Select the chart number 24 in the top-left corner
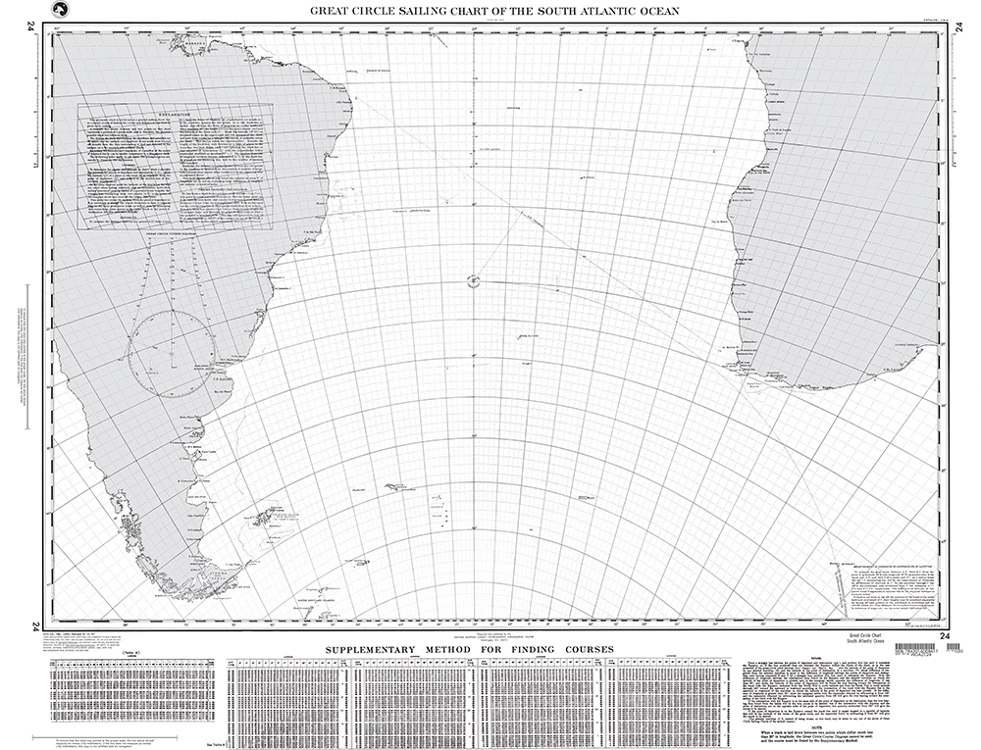pyautogui.click(x=36, y=28)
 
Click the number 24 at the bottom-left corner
pyautogui.click(x=36, y=627)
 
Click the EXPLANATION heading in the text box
pyautogui.click(x=173, y=113)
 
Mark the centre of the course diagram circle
pyautogui.click(x=172, y=353)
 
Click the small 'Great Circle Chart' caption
pyautogui.click(x=861, y=636)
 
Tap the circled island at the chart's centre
pyautogui.click(x=475, y=281)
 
